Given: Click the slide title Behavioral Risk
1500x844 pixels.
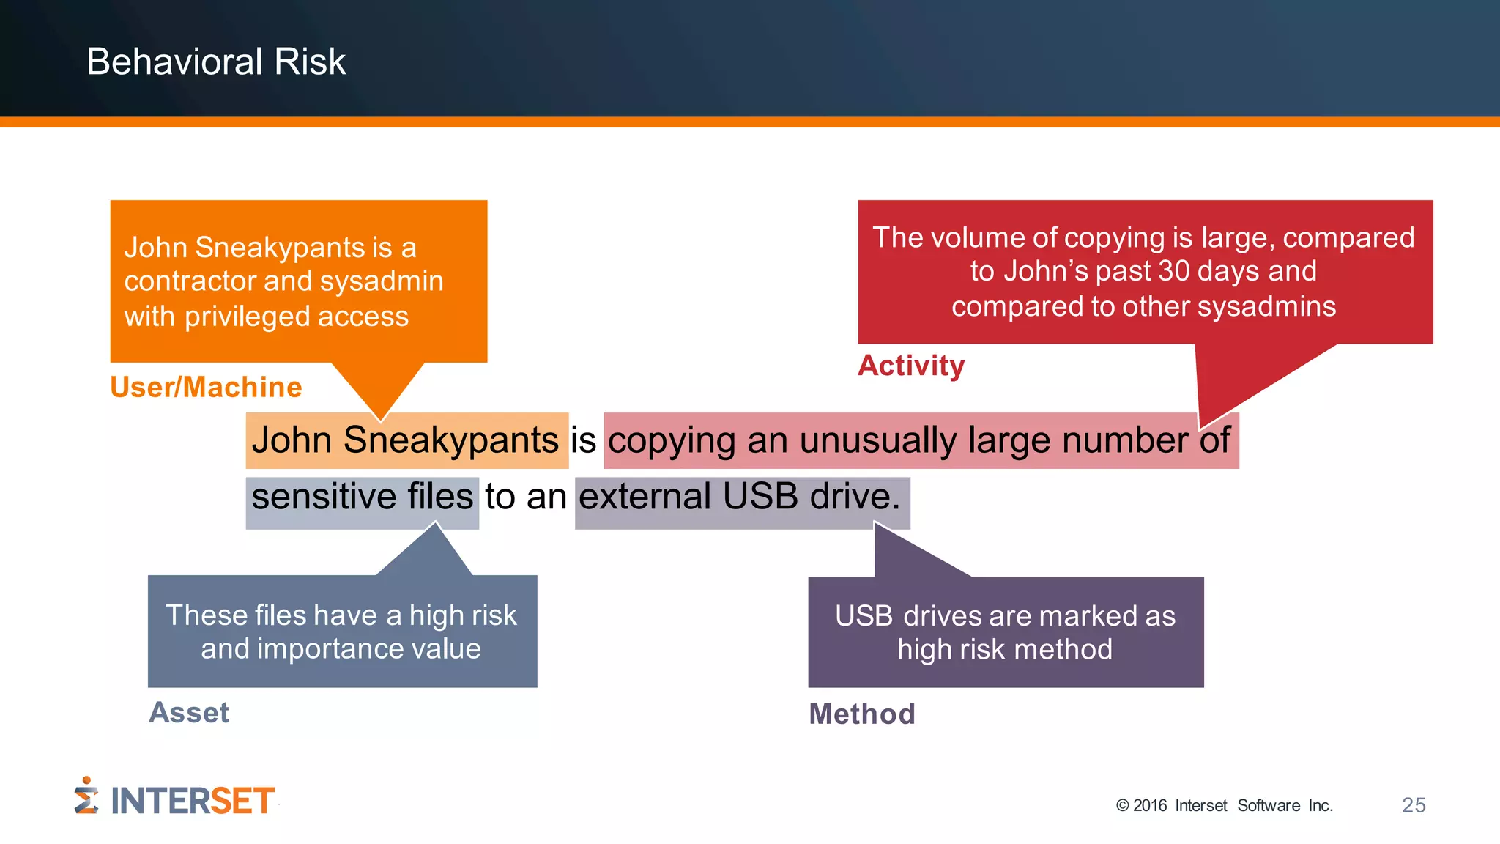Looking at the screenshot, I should click(x=216, y=62).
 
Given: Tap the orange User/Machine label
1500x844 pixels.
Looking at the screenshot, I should click(x=206, y=387).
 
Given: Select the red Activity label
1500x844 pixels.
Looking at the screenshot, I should click(x=911, y=366).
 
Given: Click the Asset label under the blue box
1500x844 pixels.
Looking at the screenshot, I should click(x=189, y=713).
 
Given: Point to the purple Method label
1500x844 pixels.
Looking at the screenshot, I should click(x=862, y=714).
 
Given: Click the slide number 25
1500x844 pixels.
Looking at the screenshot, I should click(x=1414, y=805).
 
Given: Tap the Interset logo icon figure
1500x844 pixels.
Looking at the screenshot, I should click(x=86, y=796).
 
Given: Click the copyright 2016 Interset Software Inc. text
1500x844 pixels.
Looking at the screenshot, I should click(x=1224, y=806).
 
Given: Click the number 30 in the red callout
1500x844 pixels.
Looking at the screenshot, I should click(x=1174, y=271).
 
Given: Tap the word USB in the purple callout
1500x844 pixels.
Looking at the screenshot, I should click(x=864, y=616).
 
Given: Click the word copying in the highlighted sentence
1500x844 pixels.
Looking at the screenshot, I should click(x=672, y=440).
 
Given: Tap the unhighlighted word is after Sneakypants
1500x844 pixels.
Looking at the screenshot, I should click(x=583, y=440).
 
